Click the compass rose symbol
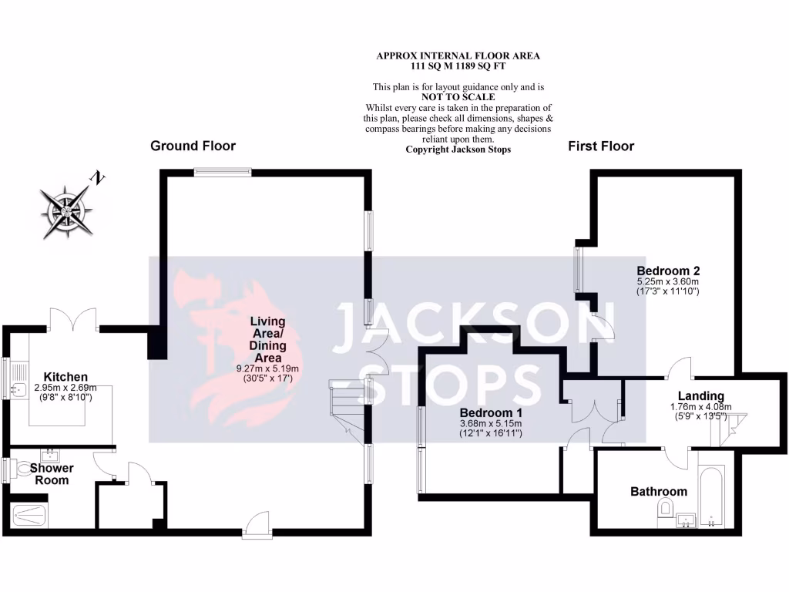coord(65,211)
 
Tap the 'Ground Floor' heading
coord(193,146)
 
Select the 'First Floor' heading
coord(601,146)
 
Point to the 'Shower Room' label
coord(52,474)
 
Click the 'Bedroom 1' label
coord(491,412)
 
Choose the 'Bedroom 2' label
coord(667,271)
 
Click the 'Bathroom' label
coord(658,491)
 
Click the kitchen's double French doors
coord(73,318)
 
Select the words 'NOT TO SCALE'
coord(458,98)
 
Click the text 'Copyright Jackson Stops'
coord(458,150)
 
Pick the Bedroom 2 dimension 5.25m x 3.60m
coord(667,282)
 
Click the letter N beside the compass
coord(98,178)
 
